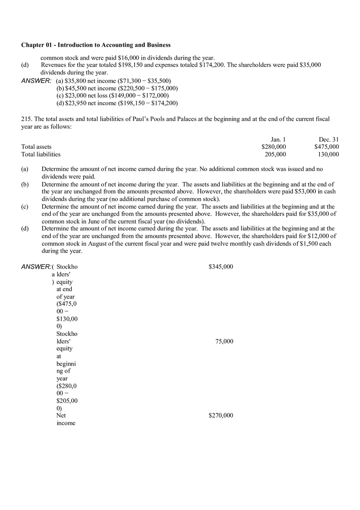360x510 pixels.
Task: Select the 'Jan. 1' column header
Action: point(278,139)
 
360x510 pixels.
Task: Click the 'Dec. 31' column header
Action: point(328,139)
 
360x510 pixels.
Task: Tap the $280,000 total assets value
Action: point(274,147)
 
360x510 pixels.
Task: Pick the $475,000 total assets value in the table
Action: point(326,147)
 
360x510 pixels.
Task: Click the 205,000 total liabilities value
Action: point(275,154)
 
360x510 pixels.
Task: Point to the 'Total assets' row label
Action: point(36,147)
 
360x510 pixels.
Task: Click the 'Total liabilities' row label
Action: point(41,154)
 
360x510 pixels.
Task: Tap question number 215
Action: point(26,119)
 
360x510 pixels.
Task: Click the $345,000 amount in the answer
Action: point(221,267)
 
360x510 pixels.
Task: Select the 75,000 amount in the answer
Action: point(224,341)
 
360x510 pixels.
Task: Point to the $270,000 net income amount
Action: point(221,416)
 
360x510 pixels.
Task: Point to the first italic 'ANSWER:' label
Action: point(36,81)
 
